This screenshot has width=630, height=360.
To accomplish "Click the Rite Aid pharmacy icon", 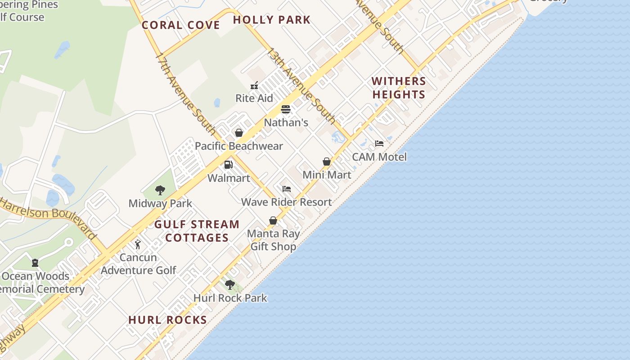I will [254, 85].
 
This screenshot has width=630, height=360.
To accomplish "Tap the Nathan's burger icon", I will [286, 109].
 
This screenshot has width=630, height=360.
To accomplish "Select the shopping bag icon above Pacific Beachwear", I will [239, 133].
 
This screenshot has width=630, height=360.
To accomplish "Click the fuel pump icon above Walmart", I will [229, 165].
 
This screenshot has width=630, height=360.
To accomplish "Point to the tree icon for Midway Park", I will [160, 190].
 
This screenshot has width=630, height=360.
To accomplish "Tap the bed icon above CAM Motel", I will [379, 144].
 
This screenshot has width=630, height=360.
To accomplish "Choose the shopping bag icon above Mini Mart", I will [327, 162].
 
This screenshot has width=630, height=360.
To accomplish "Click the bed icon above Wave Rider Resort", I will [287, 189].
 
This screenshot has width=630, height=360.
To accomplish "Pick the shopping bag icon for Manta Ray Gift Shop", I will [273, 220].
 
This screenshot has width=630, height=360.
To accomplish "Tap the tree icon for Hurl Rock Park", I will [230, 285].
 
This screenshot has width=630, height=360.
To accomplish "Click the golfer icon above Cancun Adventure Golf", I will [138, 244].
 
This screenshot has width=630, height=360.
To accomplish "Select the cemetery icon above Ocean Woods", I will [35, 263].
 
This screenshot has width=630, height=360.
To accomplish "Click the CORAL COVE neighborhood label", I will [181, 25].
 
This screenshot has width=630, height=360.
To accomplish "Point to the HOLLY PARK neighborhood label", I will [272, 20].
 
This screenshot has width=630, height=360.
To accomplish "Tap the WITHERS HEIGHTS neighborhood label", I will [399, 88].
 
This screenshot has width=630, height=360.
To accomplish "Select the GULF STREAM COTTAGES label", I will [197, 231].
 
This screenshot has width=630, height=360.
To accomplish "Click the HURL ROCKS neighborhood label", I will [167, 320].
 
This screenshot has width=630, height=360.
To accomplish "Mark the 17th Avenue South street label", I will [185, 94].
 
